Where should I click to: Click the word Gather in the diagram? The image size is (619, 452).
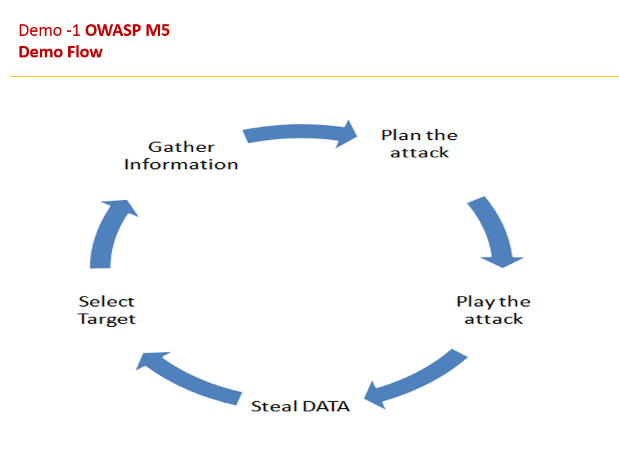pos(181,147)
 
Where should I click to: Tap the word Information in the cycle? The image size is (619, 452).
pos(181,164)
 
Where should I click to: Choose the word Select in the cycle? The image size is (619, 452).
pos(107,301)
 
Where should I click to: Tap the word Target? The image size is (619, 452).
pos(107,319)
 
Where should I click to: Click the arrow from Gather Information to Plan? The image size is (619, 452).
pos(300,133)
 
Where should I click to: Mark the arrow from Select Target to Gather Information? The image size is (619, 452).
pos(108,233)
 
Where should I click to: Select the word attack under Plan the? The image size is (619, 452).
pos(419,153)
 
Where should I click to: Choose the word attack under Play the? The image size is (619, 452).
pos(493,319)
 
